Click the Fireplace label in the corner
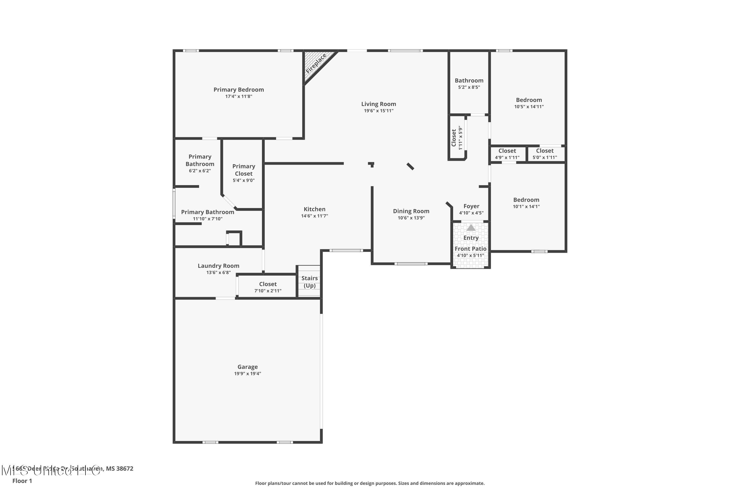pyautogui.click(x=316, y=64)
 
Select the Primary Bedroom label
pyautogui.click(x=239, y=90)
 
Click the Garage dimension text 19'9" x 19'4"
pyautogui.click(x=248, y=373)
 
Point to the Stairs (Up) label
pyautogui.click(x=309, y=282)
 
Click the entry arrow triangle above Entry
pyautogui.click(x=471, y=228)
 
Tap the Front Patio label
pyautogui.click(x=470, y=249)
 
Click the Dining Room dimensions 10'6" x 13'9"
pyautogui.click(x=411, y=218)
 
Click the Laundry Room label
pyautogui.click(x=218, y=266)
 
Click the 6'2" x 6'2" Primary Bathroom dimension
pyautogui.click(x=200, y=171)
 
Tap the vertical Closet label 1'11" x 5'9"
pyautogui.click(x=457, y=138)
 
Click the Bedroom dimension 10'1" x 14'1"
pyautogui.click(x=526, y=207)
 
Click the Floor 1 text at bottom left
pyautogui.click(x=22, y=481)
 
